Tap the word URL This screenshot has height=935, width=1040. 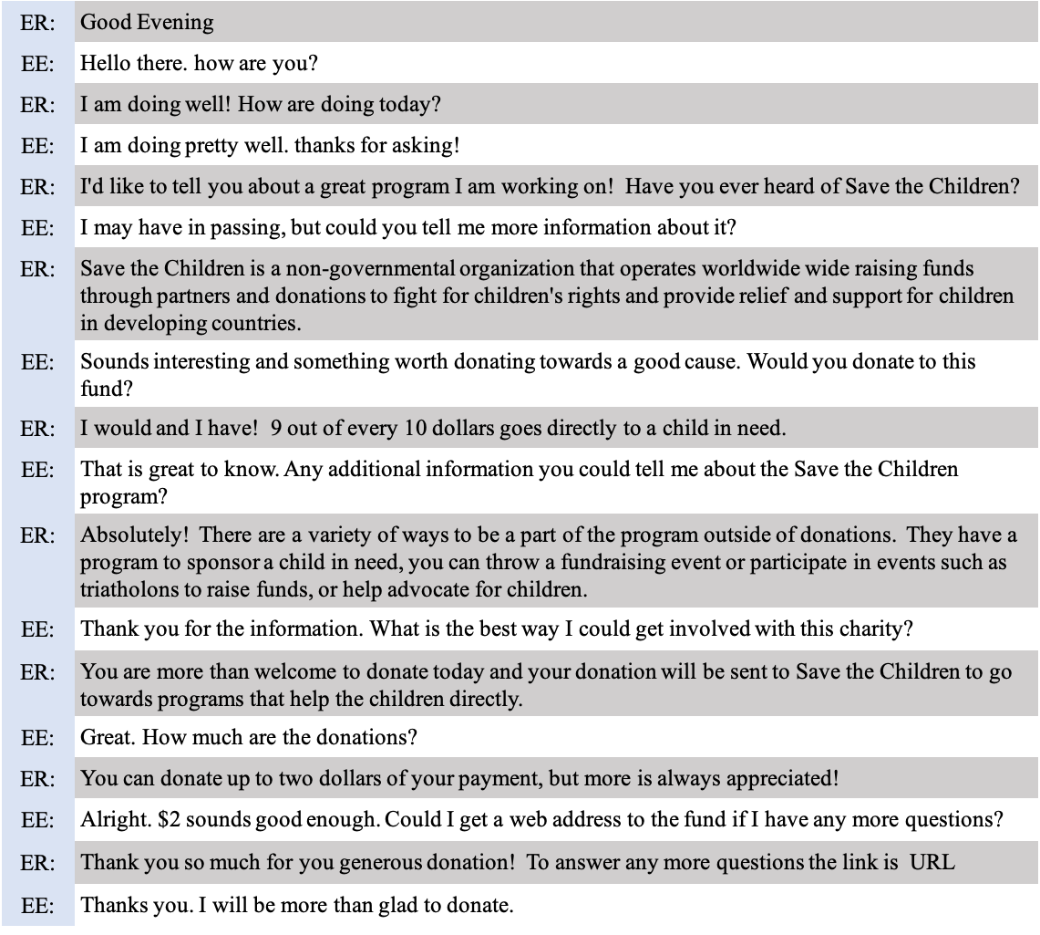[x=932, y=862]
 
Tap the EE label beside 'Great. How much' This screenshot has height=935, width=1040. [x=37, y=738]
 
